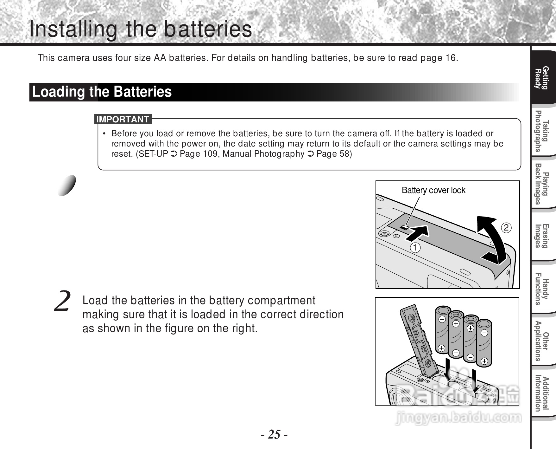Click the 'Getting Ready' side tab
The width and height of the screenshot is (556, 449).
541,78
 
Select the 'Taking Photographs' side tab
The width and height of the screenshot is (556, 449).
541,131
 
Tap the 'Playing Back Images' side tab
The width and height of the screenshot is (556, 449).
541,184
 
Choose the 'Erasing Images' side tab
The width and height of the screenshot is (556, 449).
541,236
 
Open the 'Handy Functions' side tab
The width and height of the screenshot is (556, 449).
541,289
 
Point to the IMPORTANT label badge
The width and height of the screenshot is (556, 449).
123,120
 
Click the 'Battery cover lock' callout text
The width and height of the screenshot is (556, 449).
433,190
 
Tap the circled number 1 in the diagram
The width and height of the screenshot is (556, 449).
415,247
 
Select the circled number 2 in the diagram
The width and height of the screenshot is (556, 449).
506,228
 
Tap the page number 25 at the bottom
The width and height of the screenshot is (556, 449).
275,434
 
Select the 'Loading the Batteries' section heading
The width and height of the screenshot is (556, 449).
102,92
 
